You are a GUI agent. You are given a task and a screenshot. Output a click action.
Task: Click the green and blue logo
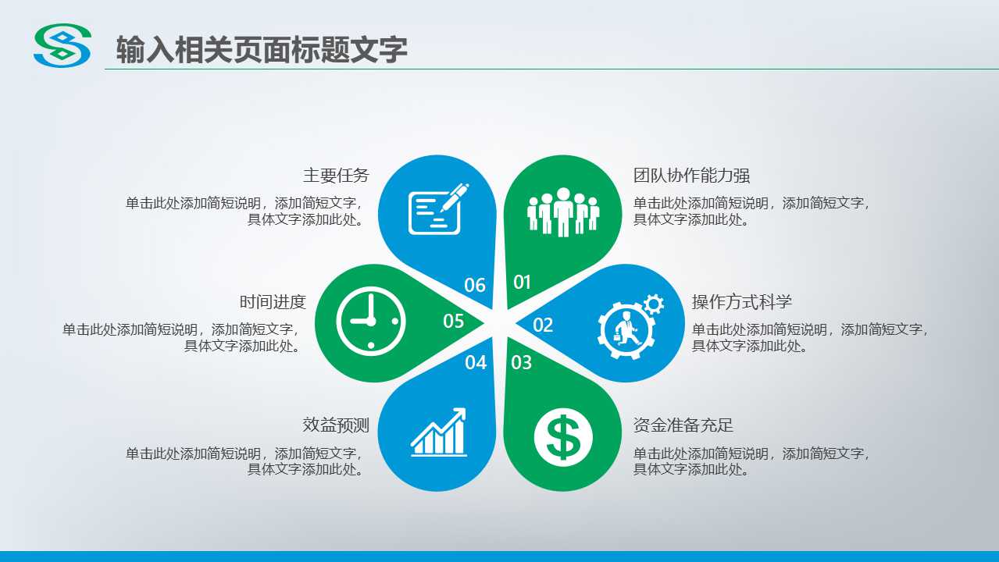click(x=62, y=45)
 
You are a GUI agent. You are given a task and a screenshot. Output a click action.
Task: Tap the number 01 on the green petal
click(x=522, y=283)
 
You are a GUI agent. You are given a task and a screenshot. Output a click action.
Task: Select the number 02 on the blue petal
click(x=543, y=325)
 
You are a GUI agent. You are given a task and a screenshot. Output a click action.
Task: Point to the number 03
click(x=521, y=362)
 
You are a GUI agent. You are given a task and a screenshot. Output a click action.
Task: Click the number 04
click(x=476, y=362)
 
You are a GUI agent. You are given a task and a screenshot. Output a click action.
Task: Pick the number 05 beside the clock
click(x=454, y=321)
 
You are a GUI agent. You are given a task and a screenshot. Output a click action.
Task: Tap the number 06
click(x=475, y=285)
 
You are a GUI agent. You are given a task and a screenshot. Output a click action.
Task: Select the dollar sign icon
click(x=563, y=435)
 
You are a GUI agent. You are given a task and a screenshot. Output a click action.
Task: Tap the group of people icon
click(x=562, y=211)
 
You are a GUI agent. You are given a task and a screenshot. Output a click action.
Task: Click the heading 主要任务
click(x=336, y=176)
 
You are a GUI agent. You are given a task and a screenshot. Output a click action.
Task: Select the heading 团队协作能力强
click(x=691, y=176)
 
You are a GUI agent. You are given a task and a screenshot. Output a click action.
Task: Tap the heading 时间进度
click(x=273, y=302)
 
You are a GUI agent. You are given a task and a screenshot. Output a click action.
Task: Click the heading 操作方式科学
click(x=742, y=302)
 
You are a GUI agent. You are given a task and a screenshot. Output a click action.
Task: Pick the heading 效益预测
click(x=336, y=425)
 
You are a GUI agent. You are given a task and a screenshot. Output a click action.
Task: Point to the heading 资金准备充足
click(x=683, y=425)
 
